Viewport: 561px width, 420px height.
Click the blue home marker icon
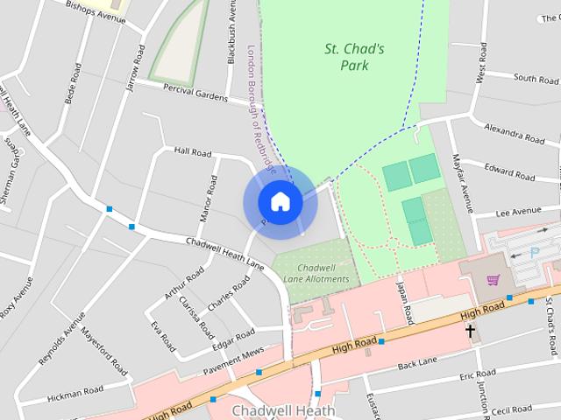click(280, 202)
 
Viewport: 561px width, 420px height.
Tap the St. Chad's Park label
click(354, 57)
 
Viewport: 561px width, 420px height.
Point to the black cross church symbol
click(471, 331)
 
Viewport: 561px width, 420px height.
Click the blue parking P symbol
click(536, 251)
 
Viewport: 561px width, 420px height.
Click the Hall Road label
click(193, 152)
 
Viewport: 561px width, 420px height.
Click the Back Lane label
click(416, 363)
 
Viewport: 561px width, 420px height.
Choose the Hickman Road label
click(75, 390)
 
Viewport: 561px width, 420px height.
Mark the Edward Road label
click(509, 171)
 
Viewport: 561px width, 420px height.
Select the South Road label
click(536, 79)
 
